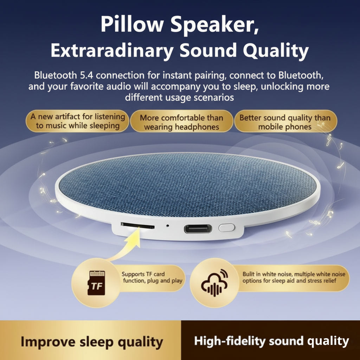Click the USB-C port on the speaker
coord(198,229)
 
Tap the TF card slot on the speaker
coord(137,225)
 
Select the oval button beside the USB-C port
coord(226,227)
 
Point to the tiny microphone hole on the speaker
coord(167,225)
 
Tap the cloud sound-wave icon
coord(214,282)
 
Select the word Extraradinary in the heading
coord(112,51)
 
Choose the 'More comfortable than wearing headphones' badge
coord(181,122)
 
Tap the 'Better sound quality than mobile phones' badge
coord(285,122)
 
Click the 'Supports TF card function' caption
coord(152,277)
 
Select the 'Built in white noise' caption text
coord(294,277)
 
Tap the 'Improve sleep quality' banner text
coord(91,341)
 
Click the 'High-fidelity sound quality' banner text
coord(271,341)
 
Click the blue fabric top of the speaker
coord(186,183)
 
